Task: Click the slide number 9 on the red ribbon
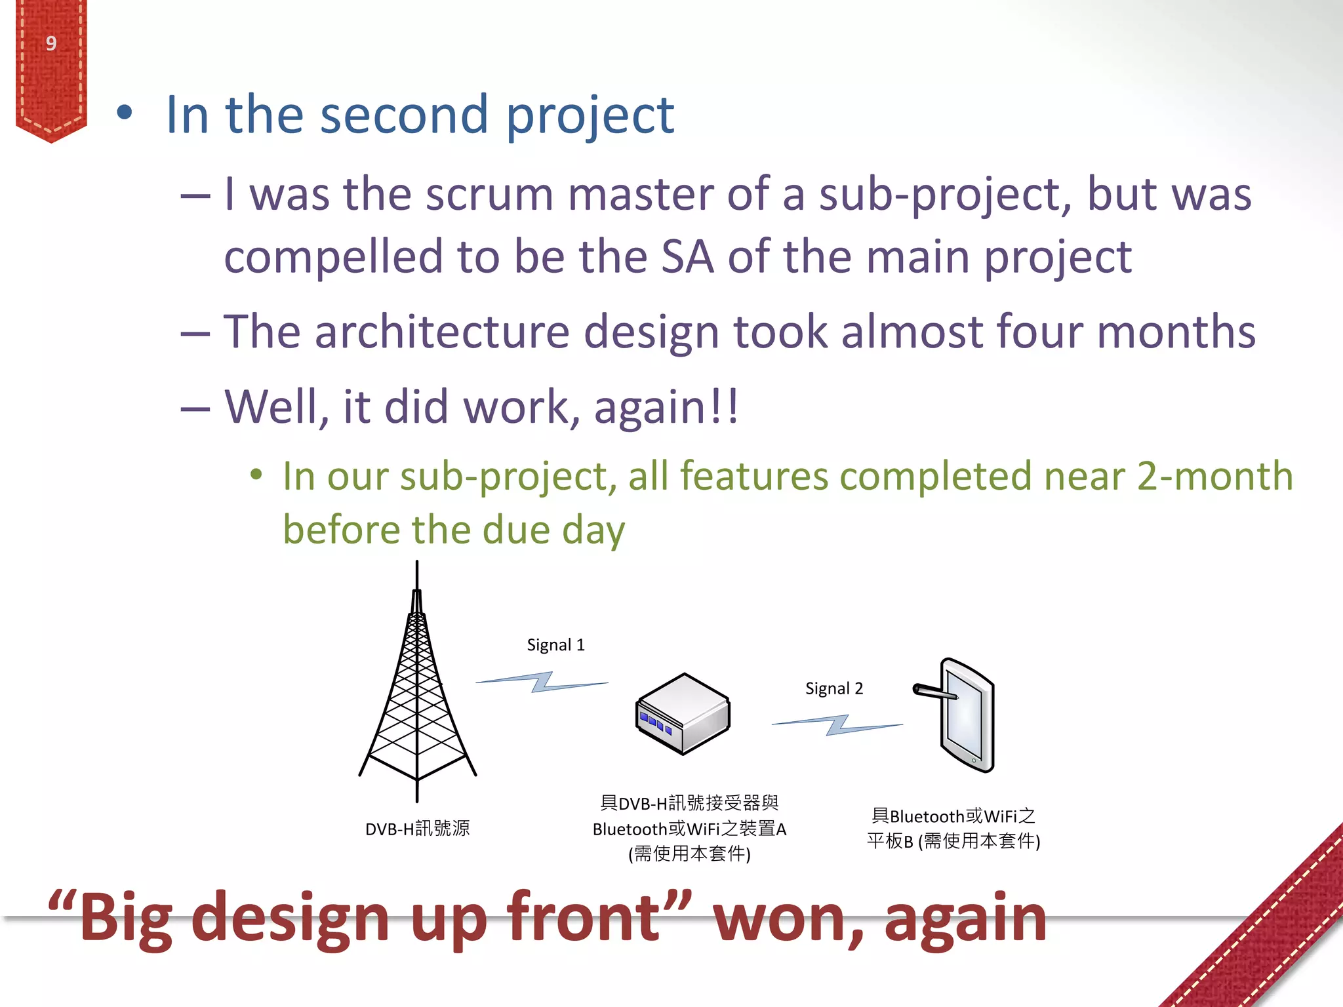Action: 51,43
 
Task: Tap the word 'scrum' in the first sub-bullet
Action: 489,195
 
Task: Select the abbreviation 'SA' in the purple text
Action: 687,256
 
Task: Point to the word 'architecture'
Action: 442,332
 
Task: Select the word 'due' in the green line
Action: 516,530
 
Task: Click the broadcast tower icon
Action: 417,688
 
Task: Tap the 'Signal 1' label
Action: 555,645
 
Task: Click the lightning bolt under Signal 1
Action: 542,682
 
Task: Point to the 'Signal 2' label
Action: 834,688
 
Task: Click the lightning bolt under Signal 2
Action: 837,724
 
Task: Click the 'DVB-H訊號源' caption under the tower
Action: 417,829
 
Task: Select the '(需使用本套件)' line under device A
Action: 689,854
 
